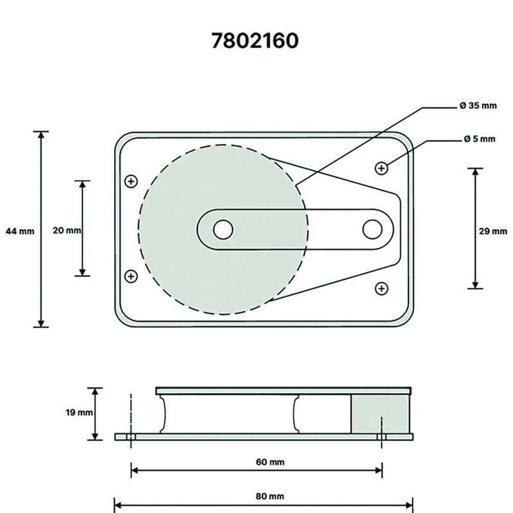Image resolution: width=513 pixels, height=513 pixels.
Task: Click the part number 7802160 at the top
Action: coord(255,41)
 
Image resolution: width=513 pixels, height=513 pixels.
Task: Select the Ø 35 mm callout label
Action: coord(478,106)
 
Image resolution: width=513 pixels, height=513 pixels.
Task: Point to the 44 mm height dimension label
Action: coord(19,230)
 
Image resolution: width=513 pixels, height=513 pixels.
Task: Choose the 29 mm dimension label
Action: coord(493,231)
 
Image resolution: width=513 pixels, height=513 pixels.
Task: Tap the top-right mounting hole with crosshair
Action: coord(382,168)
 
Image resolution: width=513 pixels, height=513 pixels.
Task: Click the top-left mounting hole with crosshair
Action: coord(131,181)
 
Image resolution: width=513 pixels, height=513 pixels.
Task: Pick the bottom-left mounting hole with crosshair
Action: coord(131,276)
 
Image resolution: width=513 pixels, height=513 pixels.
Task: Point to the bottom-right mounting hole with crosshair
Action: coord(382,288)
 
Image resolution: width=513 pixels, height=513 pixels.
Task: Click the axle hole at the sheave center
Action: coord(223,229)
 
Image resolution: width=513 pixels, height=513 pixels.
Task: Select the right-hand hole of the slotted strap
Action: coord(372,229)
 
